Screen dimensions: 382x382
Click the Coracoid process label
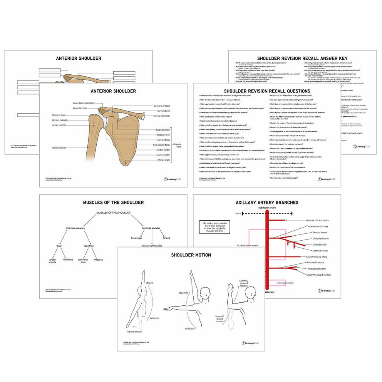[x=161, y=106]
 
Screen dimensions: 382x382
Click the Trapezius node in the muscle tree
[x=99, y=260]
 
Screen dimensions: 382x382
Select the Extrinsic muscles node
[x=75, y=228]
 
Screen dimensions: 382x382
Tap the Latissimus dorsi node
[x=84, y=261]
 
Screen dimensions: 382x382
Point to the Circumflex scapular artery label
[x=318, y=275]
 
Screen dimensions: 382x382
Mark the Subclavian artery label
[x=267, y=208]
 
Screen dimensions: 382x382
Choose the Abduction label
[x=183, y=293]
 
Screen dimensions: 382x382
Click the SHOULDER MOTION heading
[x=191, y=255]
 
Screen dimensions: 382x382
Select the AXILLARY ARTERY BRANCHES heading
[x=267, y=202]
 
